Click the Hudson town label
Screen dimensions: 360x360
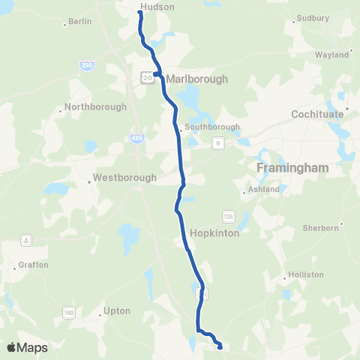[157, 7]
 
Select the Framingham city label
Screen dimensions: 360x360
[292, 168]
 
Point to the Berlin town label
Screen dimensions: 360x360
[79, 22]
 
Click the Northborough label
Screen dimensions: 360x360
[95, 106]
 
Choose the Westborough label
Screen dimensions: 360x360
[124, 178]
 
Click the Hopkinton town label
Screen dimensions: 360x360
[214, 233]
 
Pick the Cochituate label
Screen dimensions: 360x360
[317, 114]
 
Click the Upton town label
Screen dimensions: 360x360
[116, 310]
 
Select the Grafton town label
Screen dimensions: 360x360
[34, 265]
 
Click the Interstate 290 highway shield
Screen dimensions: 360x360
[87, 66]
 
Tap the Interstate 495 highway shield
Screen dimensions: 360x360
[137, 139]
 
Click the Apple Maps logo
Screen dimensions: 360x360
[27, 347]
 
